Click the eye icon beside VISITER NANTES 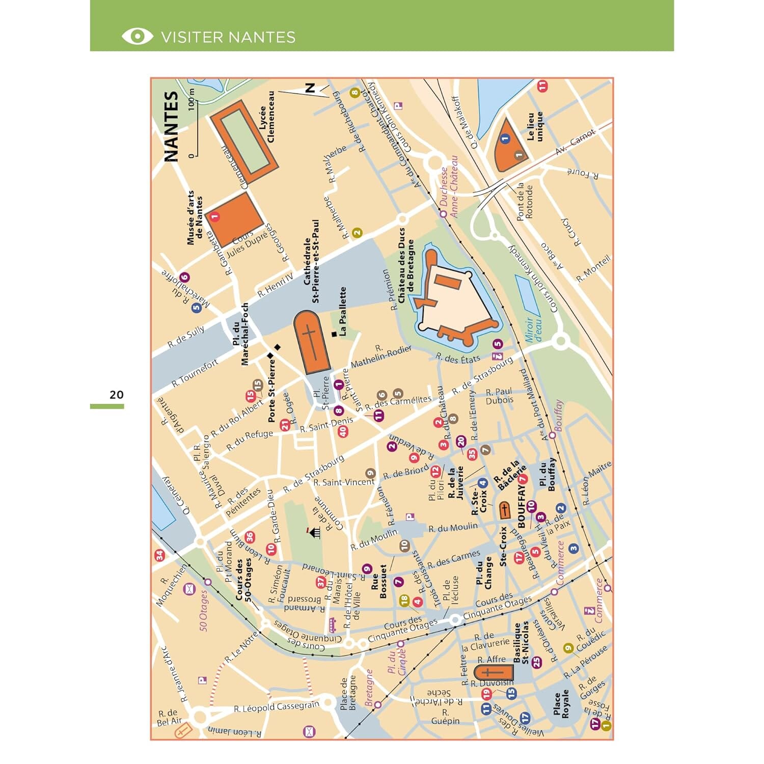[137, 36]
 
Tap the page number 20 [116, 395]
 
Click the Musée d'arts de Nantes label [195, 218]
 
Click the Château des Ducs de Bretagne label [406, 272]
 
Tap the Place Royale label [561, 704]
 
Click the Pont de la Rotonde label [525, 202]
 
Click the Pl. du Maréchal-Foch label [240, 334]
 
